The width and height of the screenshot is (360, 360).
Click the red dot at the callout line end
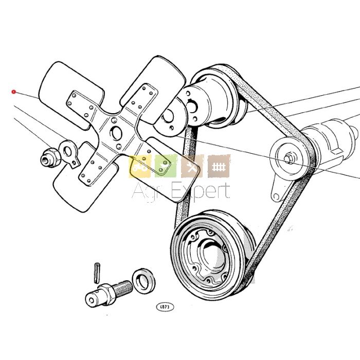tap(14, 92)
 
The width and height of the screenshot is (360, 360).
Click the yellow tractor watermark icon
tap(139, 166)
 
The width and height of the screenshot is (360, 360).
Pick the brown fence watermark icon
tap(219, 166)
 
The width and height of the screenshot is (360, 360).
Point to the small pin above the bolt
tap(97, 271)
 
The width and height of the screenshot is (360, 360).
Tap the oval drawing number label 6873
tap(166, 307)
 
